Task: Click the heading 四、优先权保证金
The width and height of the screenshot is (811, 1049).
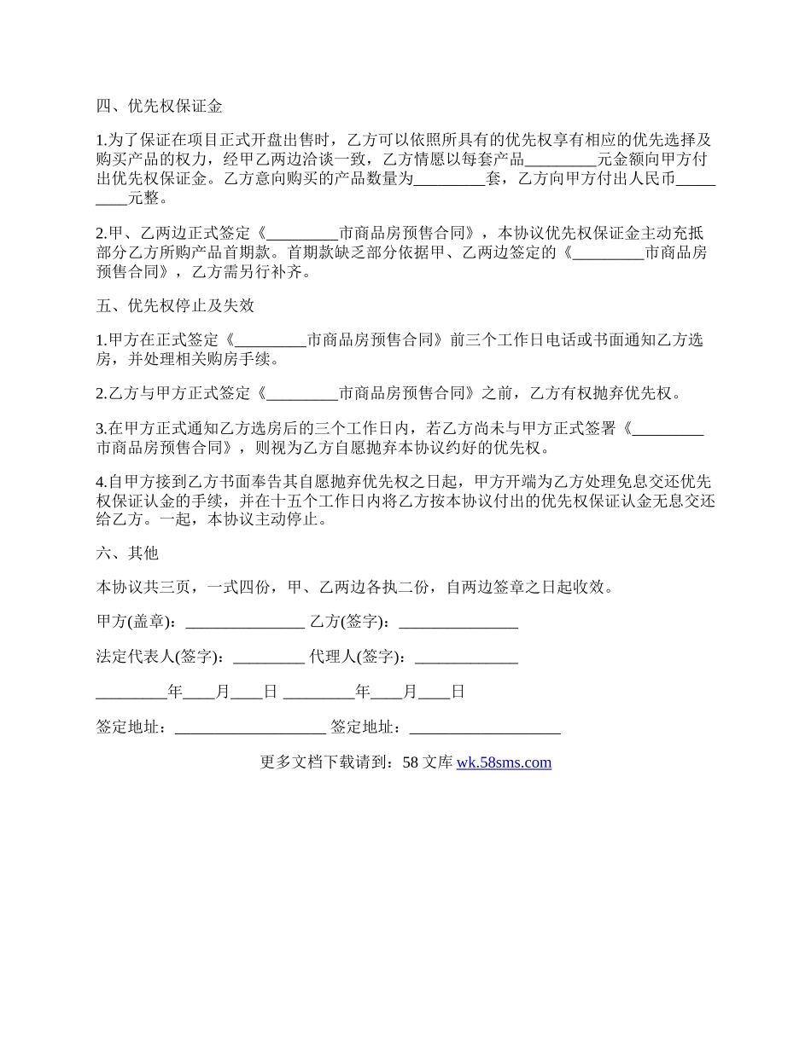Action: [x=160, y=107]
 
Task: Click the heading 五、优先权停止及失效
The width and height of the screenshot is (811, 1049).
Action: [x=175, y=305]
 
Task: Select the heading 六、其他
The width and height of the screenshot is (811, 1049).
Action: [x=127, y=553]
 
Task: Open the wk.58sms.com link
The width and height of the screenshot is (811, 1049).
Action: [x=504, y=762]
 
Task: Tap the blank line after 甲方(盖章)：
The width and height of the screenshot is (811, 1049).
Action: [x=244, y=623]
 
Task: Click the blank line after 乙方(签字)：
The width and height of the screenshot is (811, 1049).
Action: [x=458, y=623]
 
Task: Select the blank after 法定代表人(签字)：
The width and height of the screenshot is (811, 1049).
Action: [x=268, y=657]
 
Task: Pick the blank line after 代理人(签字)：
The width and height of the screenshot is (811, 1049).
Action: [x=465, y=657]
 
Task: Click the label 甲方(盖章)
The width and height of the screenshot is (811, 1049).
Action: [x=136, y=623]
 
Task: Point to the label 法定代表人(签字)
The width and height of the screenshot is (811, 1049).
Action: [x=160, y=657]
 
